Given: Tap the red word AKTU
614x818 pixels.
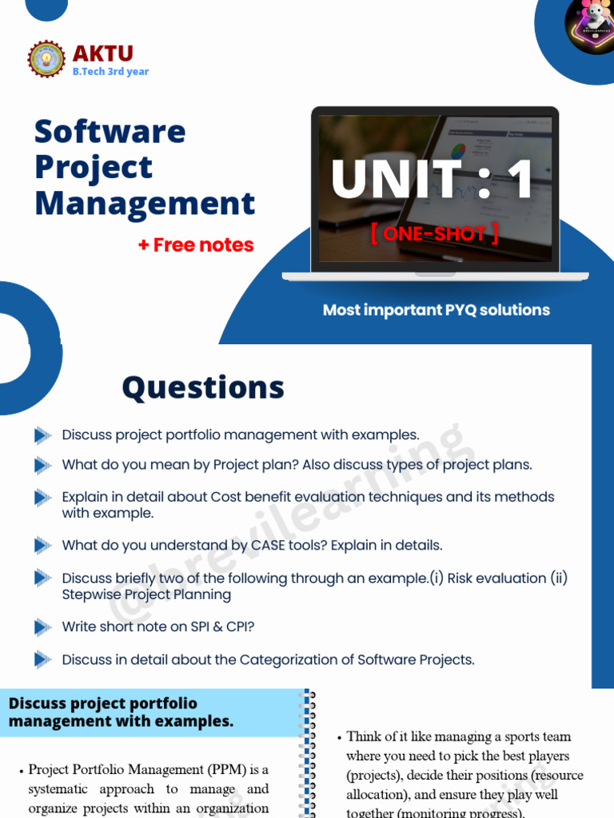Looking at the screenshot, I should click(102, 54).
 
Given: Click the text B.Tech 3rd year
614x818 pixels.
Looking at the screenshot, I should click(110, 71).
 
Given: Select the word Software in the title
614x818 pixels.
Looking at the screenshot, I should click(110, 131).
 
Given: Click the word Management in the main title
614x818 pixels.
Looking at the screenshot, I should click(145, 203).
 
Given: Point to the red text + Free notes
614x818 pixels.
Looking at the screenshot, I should click(195, 245).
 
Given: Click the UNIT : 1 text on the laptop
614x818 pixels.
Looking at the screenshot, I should click(433, 181).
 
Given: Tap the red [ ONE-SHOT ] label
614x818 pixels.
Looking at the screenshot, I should click(434, 233).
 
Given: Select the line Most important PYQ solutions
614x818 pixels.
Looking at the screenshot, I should click(436, 310).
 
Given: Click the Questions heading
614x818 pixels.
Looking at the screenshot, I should click(203, 387).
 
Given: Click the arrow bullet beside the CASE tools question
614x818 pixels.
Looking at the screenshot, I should click(42, 546).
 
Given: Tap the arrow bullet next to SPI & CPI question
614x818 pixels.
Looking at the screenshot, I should click(42, 627).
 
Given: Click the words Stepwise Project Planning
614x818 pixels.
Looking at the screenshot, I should click(146, 594).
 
